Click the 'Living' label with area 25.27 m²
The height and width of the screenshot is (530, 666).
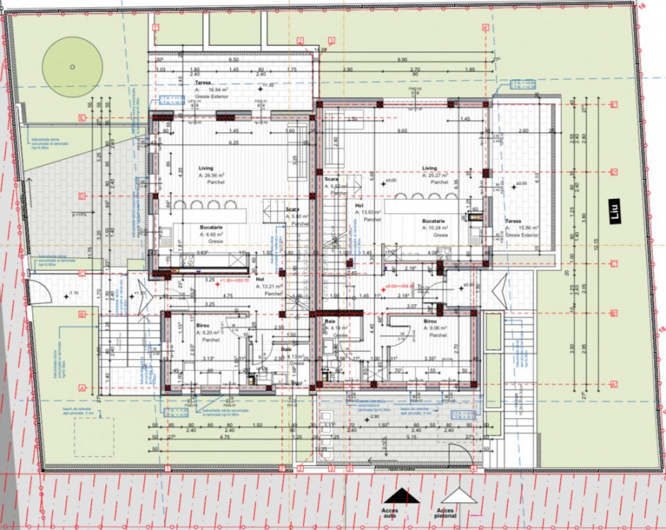click(x=429, y=168)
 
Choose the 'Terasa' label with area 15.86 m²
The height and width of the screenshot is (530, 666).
click(x=513, y=221)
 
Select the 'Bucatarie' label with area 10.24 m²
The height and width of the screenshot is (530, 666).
click(x=433, y=220)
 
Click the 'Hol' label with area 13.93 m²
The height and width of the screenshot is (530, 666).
click(x=360, y=206)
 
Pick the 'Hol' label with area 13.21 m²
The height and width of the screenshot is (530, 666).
click(x=260, y=280)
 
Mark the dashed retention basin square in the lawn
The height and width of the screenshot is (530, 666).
click(x=93, y=436)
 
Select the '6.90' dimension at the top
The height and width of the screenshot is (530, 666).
click(x=402, y=60)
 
